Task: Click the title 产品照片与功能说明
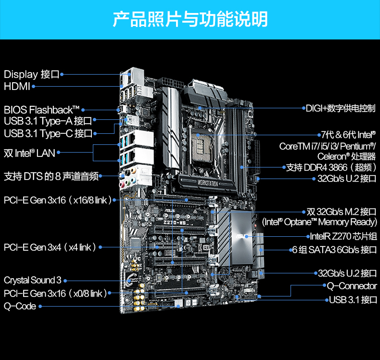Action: pyautogui.click(x=190, y=19)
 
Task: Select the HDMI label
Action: pyautogui.click(x=17, y=86)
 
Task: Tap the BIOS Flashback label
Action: pyautogui.click(x=42, y=110)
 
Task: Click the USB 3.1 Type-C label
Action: pyautogui.click(x=48, y=133)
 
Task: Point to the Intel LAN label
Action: pyautogui.click(x=29, y=153)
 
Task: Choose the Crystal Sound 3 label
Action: pyautogui.click(x=33, y=280)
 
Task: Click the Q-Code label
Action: pyautogui.click(x=20, y=306)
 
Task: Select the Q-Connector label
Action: pyautogui.click(x=352, y=286)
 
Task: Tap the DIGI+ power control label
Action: pyautogui.click(x=341, y=108)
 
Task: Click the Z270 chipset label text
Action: pyautogui.click(x=343, y=236)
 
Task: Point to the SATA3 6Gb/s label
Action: pyautogui.click(x=335, y=250)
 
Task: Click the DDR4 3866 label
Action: pyautogui.click(x=331, y=167)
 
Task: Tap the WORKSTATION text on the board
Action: pyautogui.click(x=208, y=183)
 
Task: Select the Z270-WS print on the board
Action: pyautogui.click(x=175, y=222)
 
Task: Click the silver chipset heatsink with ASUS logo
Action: pyautogui.click(x=241, y=238)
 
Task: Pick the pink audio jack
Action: pyautogui.click(x=122, y=185)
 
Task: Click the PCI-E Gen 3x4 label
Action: pyautogui.click(x=50, y=247)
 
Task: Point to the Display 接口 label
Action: pyautogui.click(x=32, y=74)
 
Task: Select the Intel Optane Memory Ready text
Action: pyautogui.click(x=320, y=222)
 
